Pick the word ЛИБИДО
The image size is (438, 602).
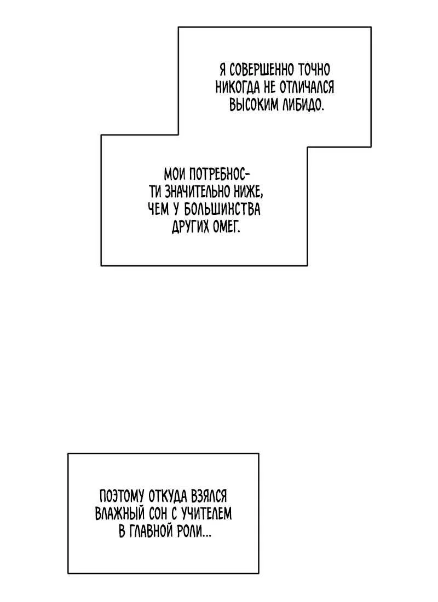tap(303, 104)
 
